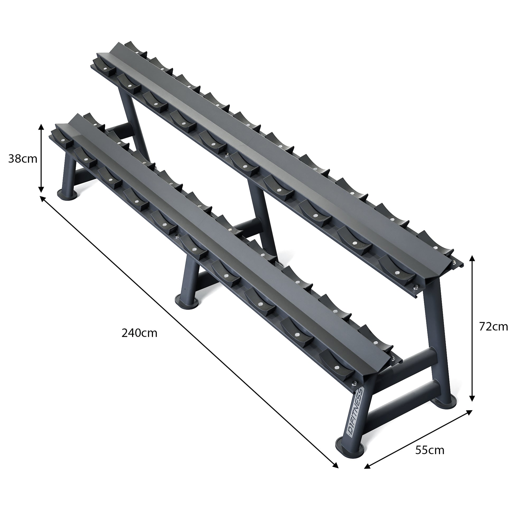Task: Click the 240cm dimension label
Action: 139,333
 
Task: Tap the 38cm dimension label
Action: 23,159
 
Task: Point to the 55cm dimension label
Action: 430,450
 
